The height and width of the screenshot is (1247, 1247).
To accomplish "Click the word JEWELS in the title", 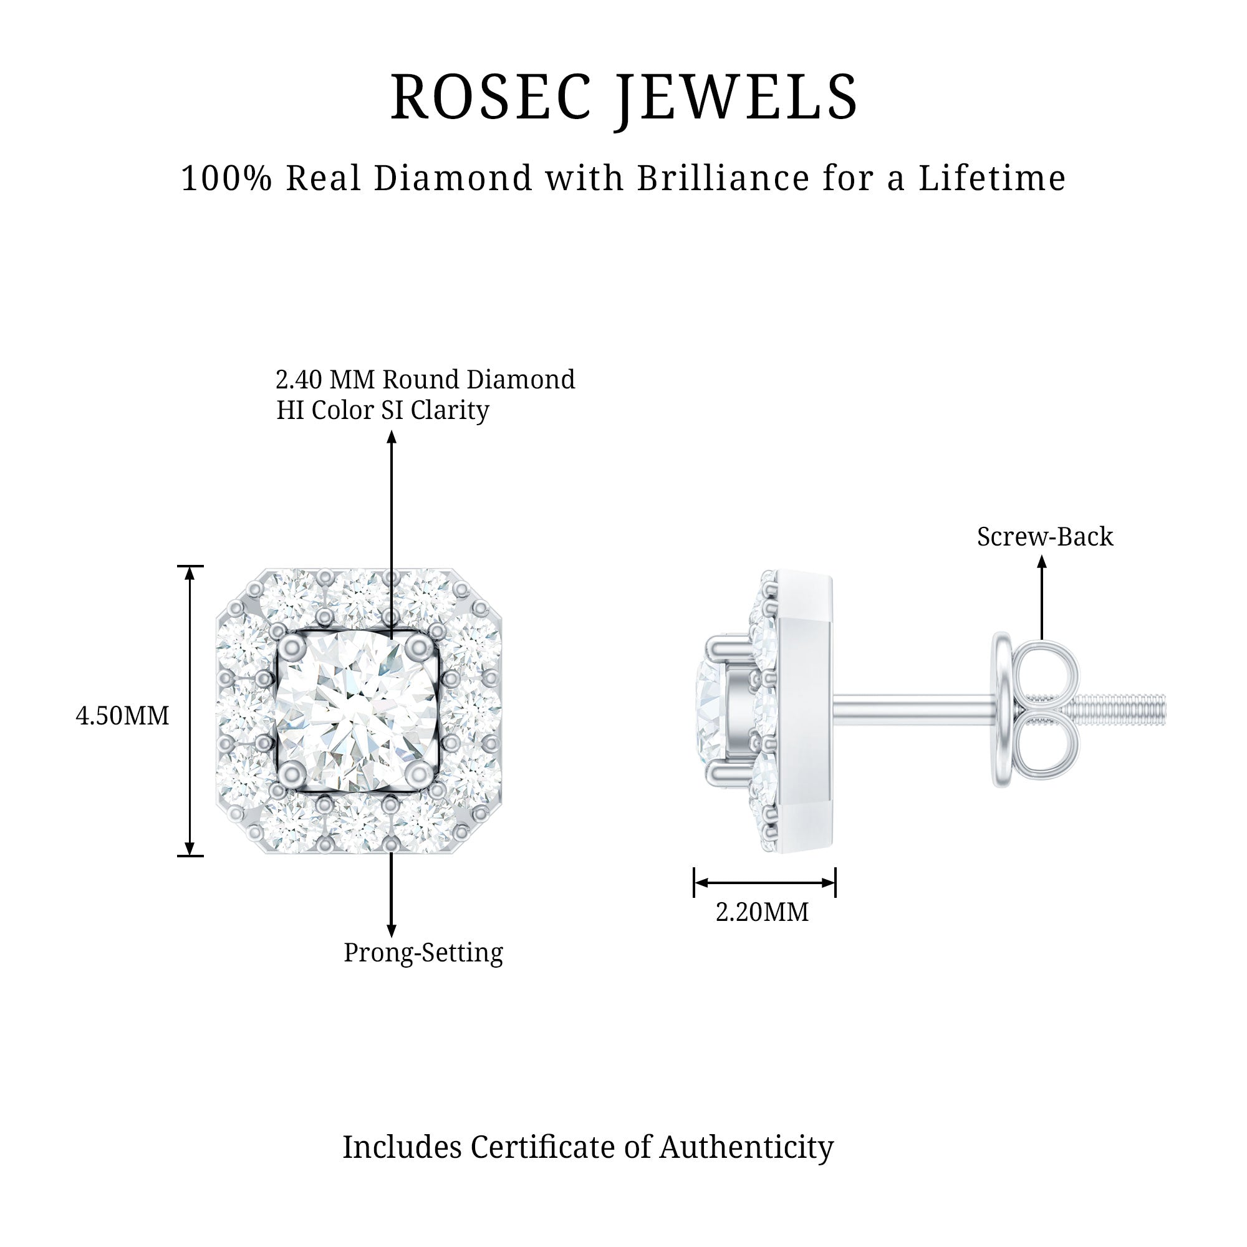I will tap(738, 98).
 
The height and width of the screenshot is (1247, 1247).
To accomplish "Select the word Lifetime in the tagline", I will tap(992, 178).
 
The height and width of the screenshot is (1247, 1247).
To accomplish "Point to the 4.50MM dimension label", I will tap(122, 716).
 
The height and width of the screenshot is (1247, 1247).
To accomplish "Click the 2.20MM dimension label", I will tap(762, 912).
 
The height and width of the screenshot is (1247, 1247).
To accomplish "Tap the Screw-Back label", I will tap(1045, 536).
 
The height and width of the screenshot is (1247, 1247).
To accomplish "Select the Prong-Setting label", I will tap(423, 953).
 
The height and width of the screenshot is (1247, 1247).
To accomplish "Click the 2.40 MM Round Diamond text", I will tap(425, 380).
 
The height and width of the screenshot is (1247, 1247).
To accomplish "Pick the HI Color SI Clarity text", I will tap(383, 410).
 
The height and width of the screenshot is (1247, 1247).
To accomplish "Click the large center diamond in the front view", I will tap(357, 710).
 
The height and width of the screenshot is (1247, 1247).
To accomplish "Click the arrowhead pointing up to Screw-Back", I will tap(1042, 562).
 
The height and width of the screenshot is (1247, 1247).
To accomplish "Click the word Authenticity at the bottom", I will tap(746, 1147).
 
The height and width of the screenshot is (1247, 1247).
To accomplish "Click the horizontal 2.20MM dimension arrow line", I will tap(764, 882).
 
